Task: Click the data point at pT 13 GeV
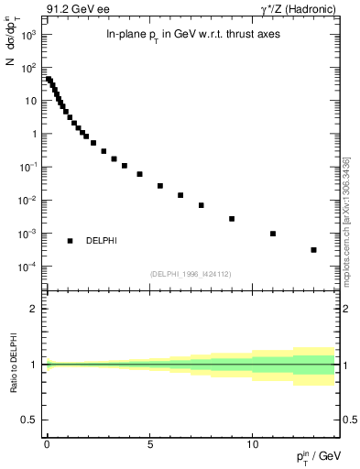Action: [x=313, y=250]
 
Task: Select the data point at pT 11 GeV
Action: [x=273, y=234]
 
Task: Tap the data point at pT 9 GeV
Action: [x=232, y=219]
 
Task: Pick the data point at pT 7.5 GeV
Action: [x=201, y=205]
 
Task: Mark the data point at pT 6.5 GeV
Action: [x=180, y=195]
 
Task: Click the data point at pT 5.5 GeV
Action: [x=160, y=186]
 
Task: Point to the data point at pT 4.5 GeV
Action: [x=139, y=174]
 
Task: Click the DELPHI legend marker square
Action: [x=71, y=241]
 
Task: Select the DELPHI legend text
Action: [x=101, y=241]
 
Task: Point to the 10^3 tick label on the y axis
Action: [x=27, y=35]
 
